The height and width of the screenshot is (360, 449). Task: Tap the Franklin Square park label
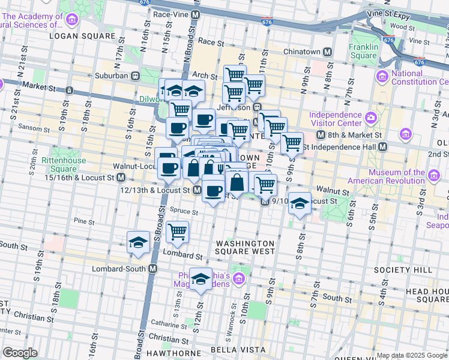pos(364,52)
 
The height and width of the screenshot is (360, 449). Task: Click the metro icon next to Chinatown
pos(327,52)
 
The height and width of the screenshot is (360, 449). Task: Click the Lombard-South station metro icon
pos(152,269)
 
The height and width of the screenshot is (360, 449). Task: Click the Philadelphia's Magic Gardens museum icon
pos(239,278)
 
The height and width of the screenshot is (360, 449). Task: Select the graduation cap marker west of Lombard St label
pos(139,242)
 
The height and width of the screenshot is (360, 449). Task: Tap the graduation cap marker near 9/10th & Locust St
pos(299,204)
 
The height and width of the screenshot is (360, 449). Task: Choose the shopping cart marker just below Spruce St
pos(177,231)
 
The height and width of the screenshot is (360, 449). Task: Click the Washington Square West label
pos(246,248)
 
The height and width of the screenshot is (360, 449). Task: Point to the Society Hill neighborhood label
pos(403,270)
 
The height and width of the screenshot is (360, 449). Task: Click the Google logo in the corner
pos(20,352)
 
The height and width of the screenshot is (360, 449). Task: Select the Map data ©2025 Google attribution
pos(412,355)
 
